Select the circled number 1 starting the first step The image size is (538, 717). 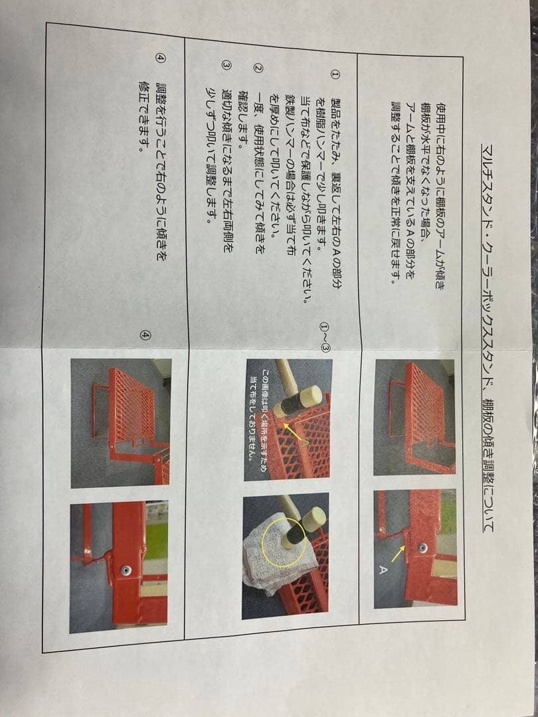335,76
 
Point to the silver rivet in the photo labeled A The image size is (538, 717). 422,548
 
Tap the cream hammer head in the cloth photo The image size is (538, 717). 313,520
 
